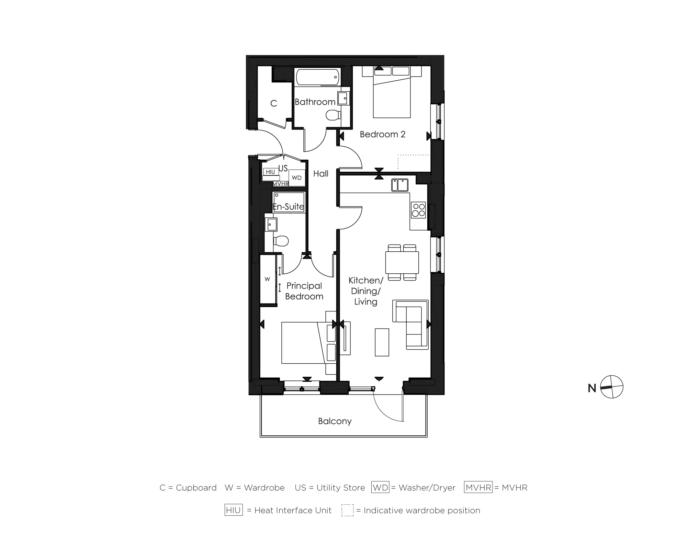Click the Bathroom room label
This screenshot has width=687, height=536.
(315, 102)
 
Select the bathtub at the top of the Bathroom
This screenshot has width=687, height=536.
(318, 77)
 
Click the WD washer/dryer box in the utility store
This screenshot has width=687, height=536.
(297, 178)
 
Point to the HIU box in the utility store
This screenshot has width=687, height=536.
(270, 172)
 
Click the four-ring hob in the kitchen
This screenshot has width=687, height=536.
(418, 210)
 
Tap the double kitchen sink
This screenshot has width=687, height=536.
(400, 185)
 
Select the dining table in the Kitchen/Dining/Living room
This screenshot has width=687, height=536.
(402, 262)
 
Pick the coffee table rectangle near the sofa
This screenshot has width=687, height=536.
(382, 342)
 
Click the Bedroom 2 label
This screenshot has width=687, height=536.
(382, 134)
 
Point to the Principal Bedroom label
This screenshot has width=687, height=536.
(304, 291)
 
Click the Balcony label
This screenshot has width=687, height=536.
(335, 421)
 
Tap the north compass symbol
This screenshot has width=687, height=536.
(612, 387)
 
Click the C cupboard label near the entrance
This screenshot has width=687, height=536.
(273, 103)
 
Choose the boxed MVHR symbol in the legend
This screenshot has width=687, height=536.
(478, 487)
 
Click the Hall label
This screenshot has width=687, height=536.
(320, 174)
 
